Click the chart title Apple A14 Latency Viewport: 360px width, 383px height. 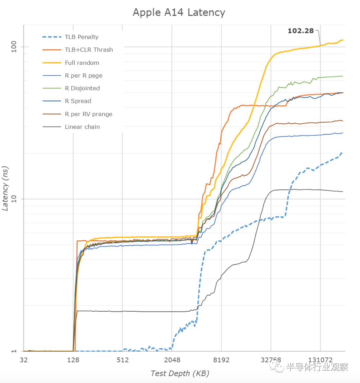click(179, 12)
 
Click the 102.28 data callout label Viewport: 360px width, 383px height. click(301, 31)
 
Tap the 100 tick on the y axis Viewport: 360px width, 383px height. click(14, 47)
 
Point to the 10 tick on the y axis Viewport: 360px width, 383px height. click(14, 199)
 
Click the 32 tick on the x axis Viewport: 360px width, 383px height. click(24, 360)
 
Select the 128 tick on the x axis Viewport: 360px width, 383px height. click(73, 360)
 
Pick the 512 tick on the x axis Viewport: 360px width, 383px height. click(123, 360)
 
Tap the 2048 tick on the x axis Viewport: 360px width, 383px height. click(172, 360)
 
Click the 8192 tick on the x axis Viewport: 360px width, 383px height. click(221, 360)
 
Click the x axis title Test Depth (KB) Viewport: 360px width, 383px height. click(180, 373)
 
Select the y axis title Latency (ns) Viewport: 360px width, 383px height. click(5, 188)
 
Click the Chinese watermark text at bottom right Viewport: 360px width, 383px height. click(317, 367)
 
